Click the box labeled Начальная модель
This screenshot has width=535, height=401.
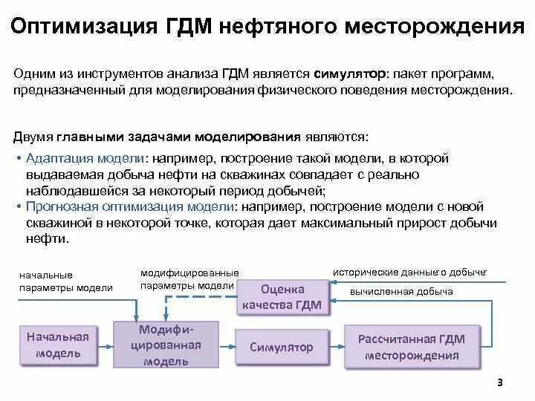pyautogui.click(x=58, y=345)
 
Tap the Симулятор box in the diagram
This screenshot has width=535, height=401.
pyautogui.click(x=281, y=347)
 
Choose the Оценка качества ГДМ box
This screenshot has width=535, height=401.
pyautogui.click(x=282, y=296)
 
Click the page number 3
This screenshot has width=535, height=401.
pyautogui.click(x=499, y=383)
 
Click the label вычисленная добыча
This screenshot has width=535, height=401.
pyautogui.click(x=401, y=292)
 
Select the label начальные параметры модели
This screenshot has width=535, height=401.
pyautogui.click(x=66, y=281)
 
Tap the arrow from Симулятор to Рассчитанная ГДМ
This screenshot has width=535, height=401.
pyautogui.click(x=334, y=347)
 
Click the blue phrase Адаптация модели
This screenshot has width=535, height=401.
pyautogui.click(x=85, y=159)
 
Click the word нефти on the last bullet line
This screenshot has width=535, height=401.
pyautogui.click(x=45, y=239)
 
